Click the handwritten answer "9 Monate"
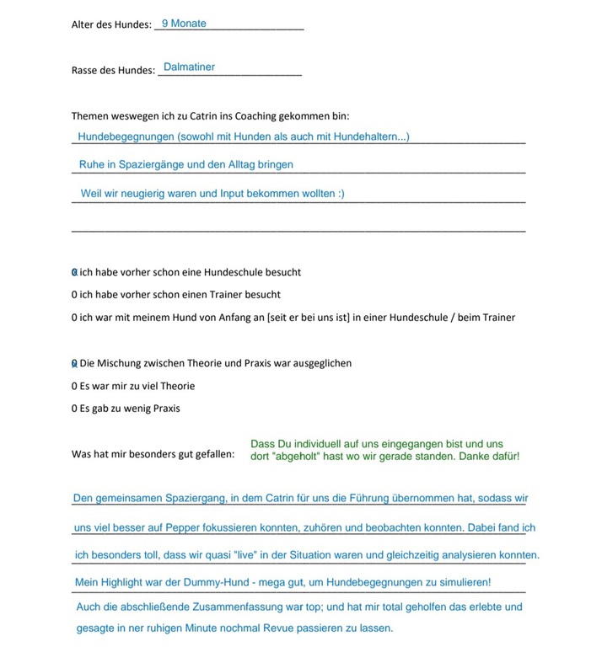point(184,24)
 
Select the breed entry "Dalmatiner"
point(189,67)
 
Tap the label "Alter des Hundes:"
point(111,25)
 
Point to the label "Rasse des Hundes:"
point(113,70)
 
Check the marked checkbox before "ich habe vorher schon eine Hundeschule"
point(74,272)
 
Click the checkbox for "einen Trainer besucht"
point(74,295)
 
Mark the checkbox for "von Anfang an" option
point(74,318)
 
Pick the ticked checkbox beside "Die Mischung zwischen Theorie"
point(74,363)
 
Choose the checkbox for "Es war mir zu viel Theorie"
point(74,386)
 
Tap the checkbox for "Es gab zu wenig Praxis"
point(74,409)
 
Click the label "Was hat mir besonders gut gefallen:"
point(153,455)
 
